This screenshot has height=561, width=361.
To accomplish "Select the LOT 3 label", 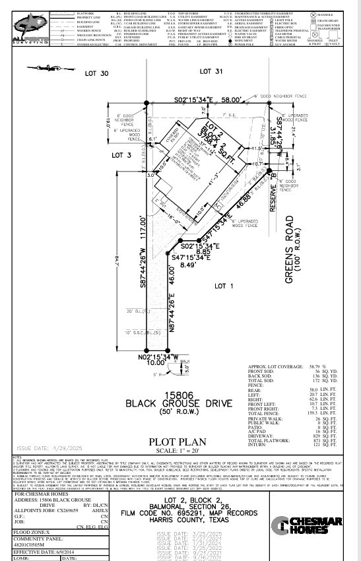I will pyautogui.click(x=121, y=155).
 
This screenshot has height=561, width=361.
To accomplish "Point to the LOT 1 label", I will pyautogui.click(x=224, y=285).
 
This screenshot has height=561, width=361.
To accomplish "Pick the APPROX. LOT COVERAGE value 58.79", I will pyautogui.click(x=308, y=366).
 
